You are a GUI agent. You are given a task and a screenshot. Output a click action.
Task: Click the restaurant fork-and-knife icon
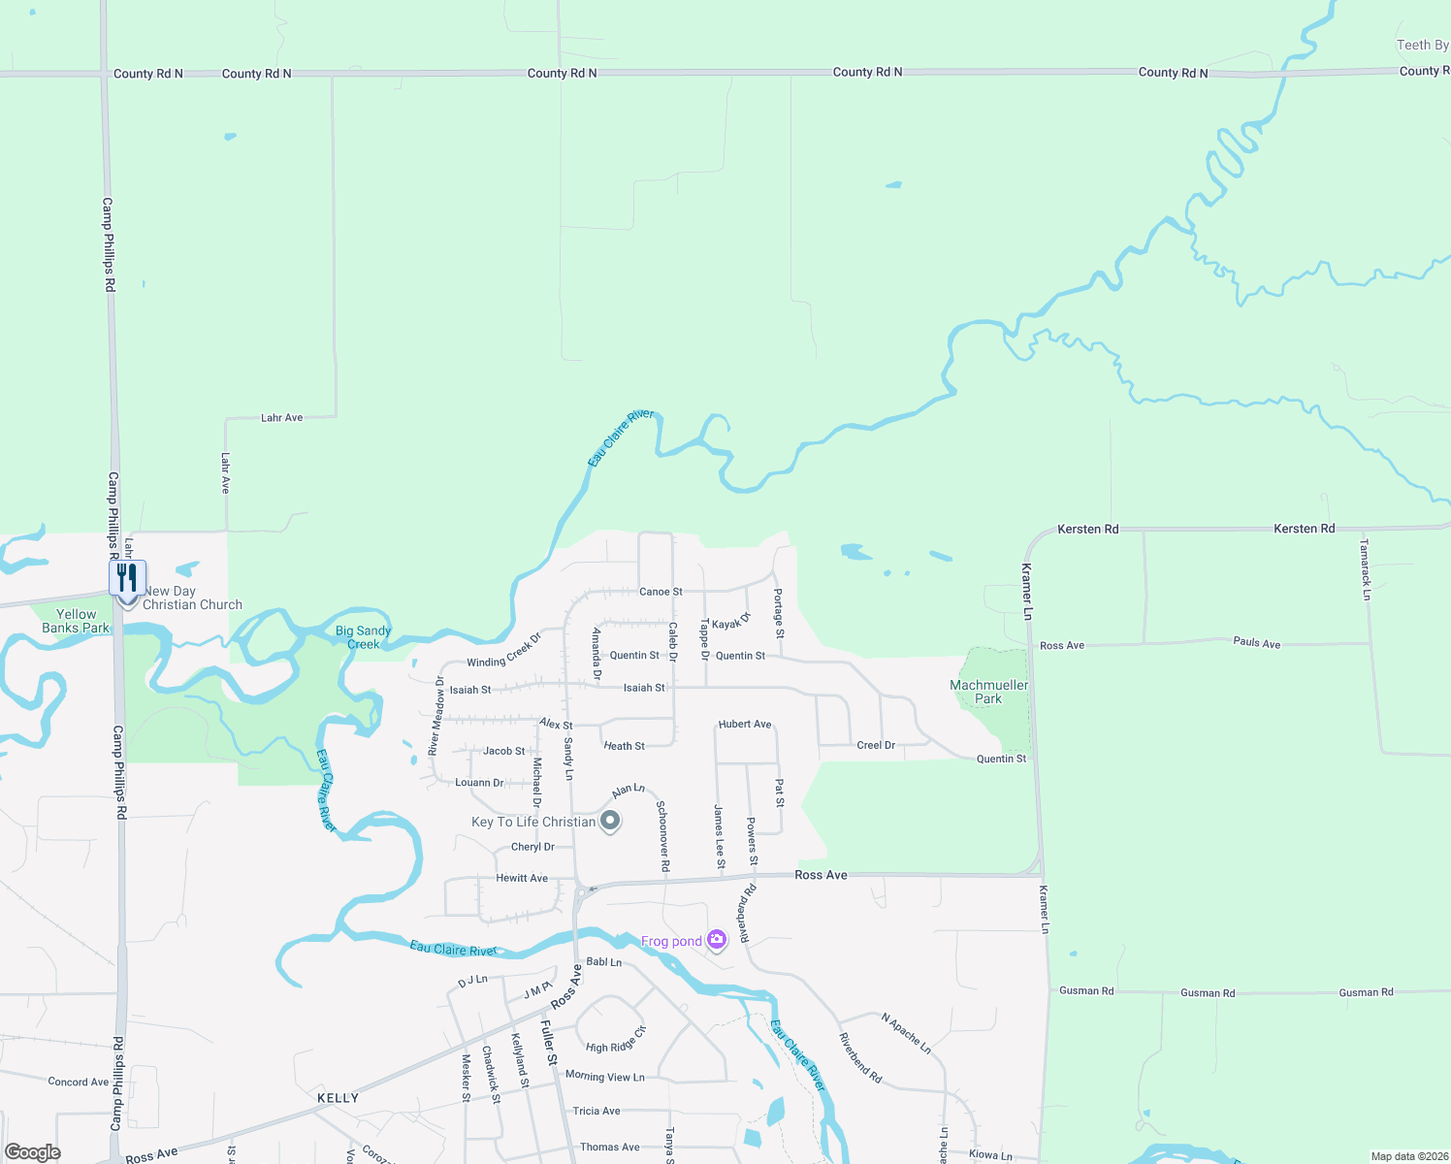[127, 578]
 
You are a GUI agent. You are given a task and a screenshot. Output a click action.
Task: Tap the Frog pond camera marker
[717, 939]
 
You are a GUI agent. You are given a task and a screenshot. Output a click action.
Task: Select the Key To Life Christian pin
[610, 822]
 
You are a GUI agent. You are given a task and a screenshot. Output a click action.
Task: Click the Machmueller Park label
[988, 692]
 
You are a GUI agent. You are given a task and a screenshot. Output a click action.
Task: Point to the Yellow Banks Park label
[76, 621]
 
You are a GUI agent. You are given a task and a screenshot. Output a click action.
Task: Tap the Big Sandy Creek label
[363, 637]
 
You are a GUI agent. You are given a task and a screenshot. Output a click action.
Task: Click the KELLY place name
[338, 1098]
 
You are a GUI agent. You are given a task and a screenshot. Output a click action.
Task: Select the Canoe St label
[661, 592]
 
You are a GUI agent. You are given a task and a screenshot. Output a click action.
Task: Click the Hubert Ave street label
[745, 725]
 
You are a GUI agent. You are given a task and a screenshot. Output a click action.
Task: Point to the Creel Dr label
[876, 745]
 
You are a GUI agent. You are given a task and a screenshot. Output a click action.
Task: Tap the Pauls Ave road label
[1257, 643]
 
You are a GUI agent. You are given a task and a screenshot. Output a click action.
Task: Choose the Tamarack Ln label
[1365, 569]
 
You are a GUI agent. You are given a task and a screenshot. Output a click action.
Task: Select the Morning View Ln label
[604, 1076]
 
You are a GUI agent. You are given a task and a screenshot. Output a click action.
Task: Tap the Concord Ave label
[79, 1082]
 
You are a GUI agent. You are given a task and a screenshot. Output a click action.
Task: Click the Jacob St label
[503, 751]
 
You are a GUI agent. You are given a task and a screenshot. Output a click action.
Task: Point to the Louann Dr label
[479, 783]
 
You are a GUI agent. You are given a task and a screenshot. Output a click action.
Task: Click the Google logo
[32, 1151]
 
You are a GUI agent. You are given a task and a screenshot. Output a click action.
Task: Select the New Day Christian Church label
[192, 598]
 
